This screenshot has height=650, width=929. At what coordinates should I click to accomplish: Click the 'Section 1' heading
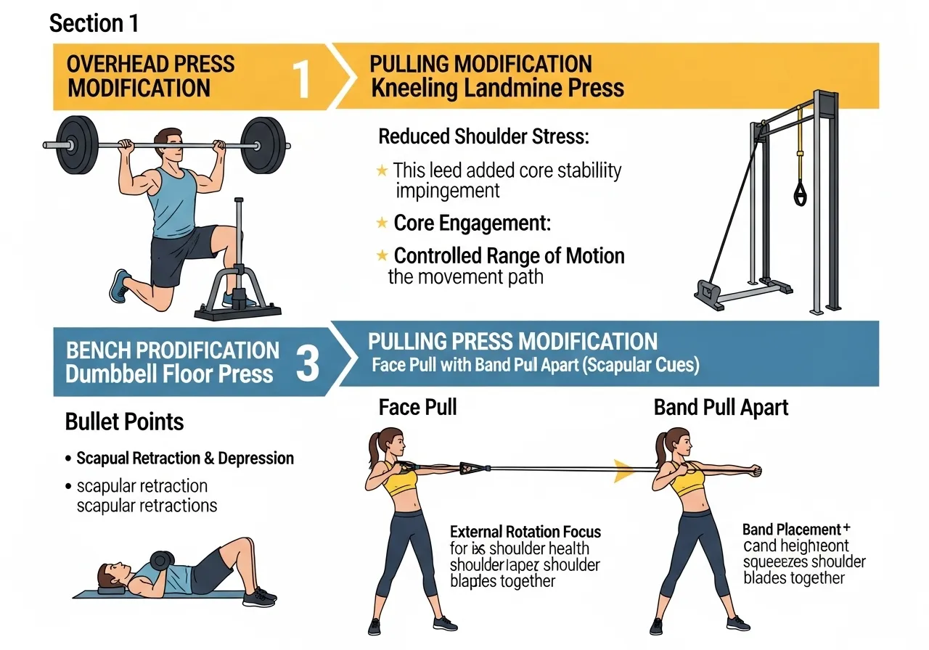coord(94,23)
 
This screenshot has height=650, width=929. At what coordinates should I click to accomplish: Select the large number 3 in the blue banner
coord(308,363)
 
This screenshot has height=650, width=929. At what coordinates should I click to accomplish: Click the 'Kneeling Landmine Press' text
coord(497,89)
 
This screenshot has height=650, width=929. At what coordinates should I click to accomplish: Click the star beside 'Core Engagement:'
coord(381,223)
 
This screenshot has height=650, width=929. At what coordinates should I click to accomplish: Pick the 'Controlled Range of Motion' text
coord(509,255)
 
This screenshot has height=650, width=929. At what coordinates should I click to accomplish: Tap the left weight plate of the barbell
coord(77,145)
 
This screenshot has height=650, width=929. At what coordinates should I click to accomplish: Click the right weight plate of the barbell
coord(263,145)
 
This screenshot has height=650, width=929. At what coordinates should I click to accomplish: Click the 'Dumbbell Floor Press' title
coord(169,374)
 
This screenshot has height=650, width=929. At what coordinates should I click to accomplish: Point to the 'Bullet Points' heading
coord(124,422)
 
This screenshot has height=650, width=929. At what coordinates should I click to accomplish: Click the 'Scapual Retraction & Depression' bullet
coord(185,458)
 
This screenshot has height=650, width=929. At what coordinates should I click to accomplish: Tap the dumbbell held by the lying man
coord(162,561)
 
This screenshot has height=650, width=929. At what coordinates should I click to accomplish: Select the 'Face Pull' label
coord(417,408)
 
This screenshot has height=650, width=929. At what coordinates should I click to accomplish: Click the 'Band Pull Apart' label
coord(721,408)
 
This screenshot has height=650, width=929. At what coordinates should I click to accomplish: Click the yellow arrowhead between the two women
coord(623,470)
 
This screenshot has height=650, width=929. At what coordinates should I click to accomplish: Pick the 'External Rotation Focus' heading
coord(525,532)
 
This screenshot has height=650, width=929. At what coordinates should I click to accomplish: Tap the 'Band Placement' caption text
coord(791,530)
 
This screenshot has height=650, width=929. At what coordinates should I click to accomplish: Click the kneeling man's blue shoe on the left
coord(120,286)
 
